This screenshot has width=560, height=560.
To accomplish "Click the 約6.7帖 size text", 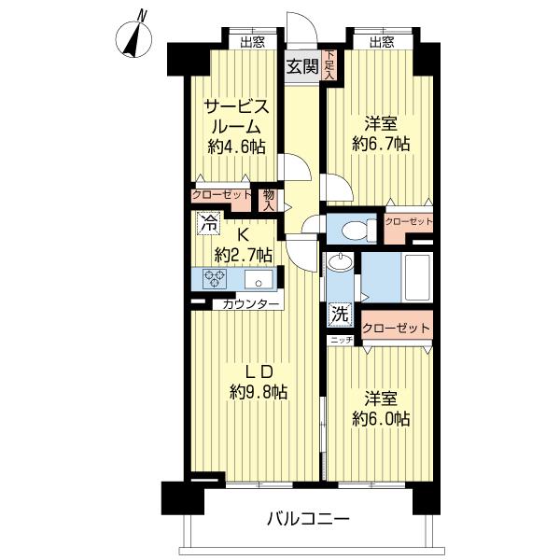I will point(381,144).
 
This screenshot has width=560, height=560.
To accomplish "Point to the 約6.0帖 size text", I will point(381,419).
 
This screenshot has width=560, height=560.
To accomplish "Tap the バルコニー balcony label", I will point(308,519).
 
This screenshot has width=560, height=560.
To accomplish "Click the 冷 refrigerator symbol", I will point(208,224).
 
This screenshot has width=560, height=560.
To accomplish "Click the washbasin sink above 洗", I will point(340,264).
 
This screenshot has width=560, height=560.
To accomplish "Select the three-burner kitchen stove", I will point(214,279).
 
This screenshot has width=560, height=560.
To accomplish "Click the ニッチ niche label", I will point(341,341).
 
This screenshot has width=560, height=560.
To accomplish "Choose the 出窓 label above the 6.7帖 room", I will point(380,41).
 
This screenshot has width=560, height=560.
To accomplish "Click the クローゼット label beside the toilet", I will point(408,222).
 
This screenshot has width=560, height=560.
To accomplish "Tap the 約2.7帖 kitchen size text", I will point(244,254).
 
